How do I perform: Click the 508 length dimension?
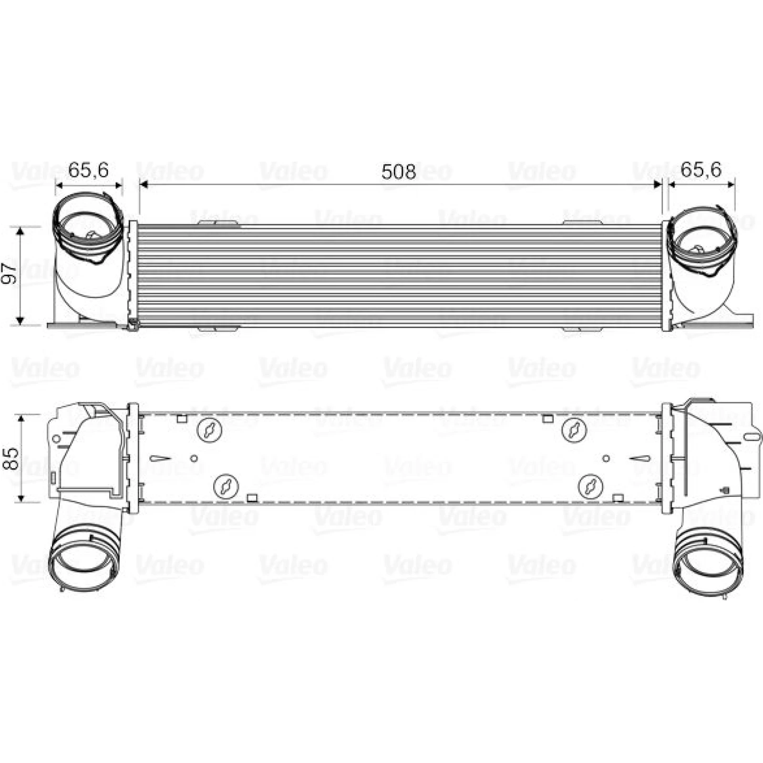[x=399, y=172]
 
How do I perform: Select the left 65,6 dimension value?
[x=89, y=170]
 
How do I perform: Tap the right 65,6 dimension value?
[x=701, y=170]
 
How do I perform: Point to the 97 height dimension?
[x=10, y=273]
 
